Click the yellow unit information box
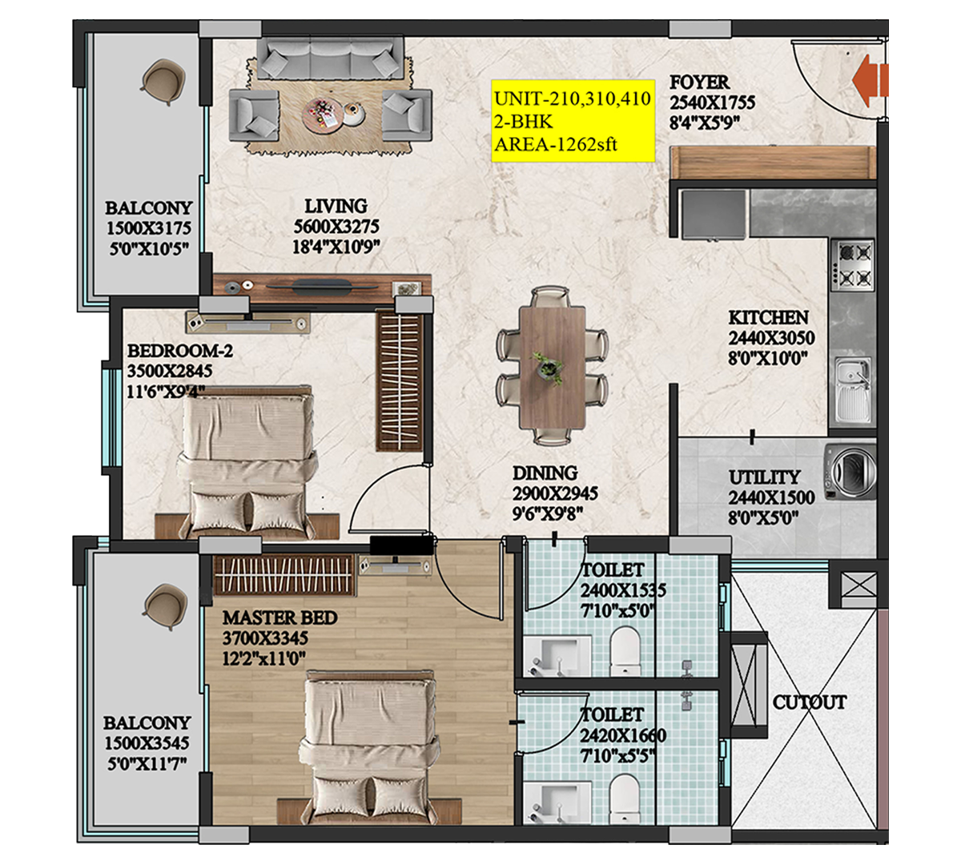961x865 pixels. coord(572,122)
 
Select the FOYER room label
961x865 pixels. coord(699,82)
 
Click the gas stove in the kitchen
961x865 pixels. coord(852,265)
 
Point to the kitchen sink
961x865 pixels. coord(851,391)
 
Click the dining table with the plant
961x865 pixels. coord(551,365)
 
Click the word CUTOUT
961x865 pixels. coord(809,702)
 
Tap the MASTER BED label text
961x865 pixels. coord(279,618)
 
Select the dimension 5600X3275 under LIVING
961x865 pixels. coord(336,227)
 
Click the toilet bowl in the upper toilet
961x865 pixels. coord(625,649)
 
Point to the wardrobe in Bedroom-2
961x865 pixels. coord(399,380)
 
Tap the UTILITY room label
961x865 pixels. coord(764,477)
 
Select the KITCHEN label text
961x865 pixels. coord(768,317)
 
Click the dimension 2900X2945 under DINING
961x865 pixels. coord(555,494)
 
